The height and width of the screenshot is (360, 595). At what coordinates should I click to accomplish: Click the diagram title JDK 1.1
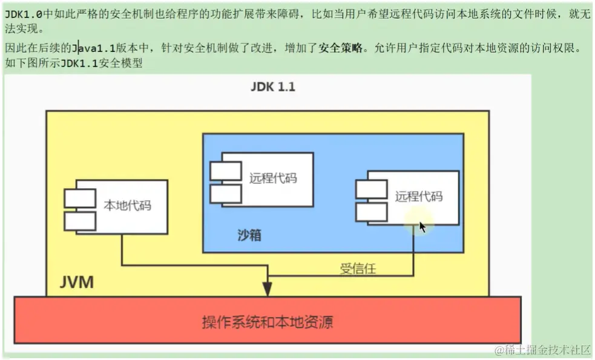[273, 87]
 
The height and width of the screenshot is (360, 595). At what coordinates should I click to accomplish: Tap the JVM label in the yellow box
[77, 282]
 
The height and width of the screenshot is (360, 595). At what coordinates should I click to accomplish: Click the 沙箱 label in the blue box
[249, 235]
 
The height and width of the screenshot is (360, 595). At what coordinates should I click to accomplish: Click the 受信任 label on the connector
[358, 269]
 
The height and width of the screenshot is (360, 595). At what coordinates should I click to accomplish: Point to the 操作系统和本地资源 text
[267, 321]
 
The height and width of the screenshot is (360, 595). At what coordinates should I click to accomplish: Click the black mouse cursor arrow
[422, 227]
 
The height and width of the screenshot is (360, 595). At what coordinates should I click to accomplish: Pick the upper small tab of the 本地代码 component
[80, 198]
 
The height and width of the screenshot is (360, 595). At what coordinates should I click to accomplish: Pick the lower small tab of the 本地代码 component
[80, 221]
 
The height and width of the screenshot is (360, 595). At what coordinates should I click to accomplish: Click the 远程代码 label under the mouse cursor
[419, 197]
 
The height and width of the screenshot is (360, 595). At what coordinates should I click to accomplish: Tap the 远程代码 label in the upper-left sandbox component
[273, 178]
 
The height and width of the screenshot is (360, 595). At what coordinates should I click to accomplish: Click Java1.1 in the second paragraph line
[94, 47]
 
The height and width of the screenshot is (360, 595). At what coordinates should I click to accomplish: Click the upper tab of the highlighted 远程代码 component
[372, 189]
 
